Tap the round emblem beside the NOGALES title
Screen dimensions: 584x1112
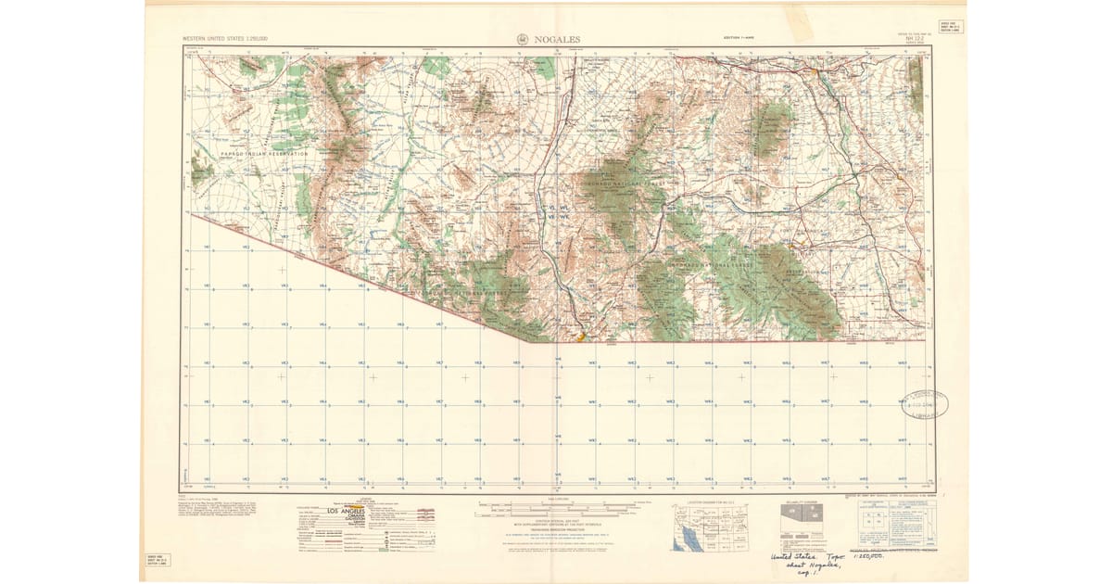click(524, 40)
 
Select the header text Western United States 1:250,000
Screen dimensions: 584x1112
click(225, 39)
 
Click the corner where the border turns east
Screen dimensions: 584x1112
click(526, 341)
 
